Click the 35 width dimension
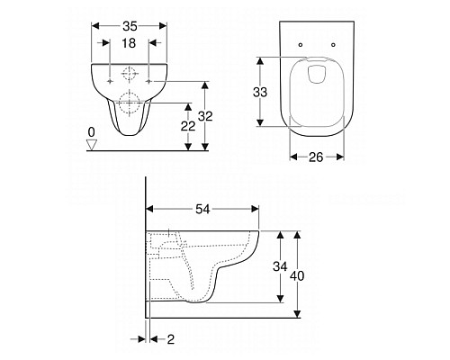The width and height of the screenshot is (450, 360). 130,27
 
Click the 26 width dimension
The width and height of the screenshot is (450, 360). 316,156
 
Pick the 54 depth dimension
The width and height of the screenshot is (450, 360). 203,209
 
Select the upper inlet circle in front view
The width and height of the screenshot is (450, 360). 130,76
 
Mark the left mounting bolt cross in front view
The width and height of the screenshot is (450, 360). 110,82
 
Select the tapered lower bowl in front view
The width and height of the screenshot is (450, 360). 130,121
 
